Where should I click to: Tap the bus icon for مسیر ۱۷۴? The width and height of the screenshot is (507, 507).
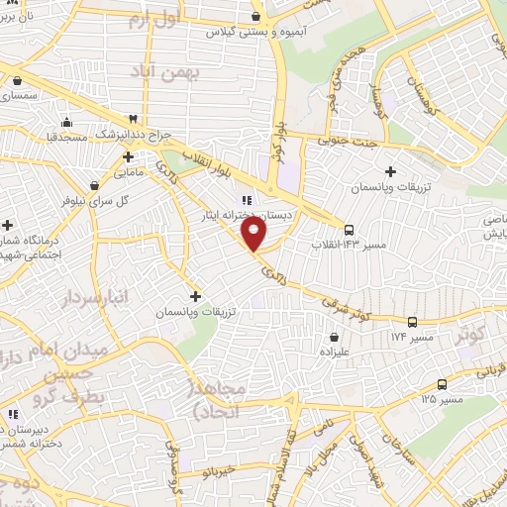click(x=413, y=321)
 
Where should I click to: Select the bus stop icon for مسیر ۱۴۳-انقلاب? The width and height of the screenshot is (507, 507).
click(x=350, y=229)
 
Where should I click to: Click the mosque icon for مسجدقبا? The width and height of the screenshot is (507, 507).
click(x=66, y=123)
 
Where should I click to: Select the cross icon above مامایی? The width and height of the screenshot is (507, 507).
click(x=129, y=156)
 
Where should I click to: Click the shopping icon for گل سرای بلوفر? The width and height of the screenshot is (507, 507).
click(x=94, y=184)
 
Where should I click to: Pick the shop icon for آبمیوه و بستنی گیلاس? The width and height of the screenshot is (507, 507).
click(x=257, y=17)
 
